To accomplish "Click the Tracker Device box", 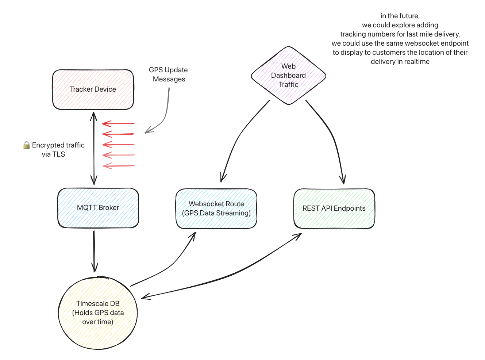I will [93, 89].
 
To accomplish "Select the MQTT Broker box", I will [98, 208].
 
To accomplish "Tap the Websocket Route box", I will [216, 208].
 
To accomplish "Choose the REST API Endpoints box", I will [334, 208].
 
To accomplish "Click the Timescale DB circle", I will [98, 313].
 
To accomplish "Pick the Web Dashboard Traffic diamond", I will [288, 76].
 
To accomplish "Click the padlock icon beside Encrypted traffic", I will [27, 145].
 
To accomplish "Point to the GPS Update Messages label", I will [169, 74].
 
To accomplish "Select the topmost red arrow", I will [119, 124].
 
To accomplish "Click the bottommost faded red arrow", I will [119, 166].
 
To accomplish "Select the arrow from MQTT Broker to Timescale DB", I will [94, 252].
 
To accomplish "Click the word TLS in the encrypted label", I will [58, 154].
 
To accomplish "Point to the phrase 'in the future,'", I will [400, 16].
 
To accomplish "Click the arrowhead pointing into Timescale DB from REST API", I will [145, 297].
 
